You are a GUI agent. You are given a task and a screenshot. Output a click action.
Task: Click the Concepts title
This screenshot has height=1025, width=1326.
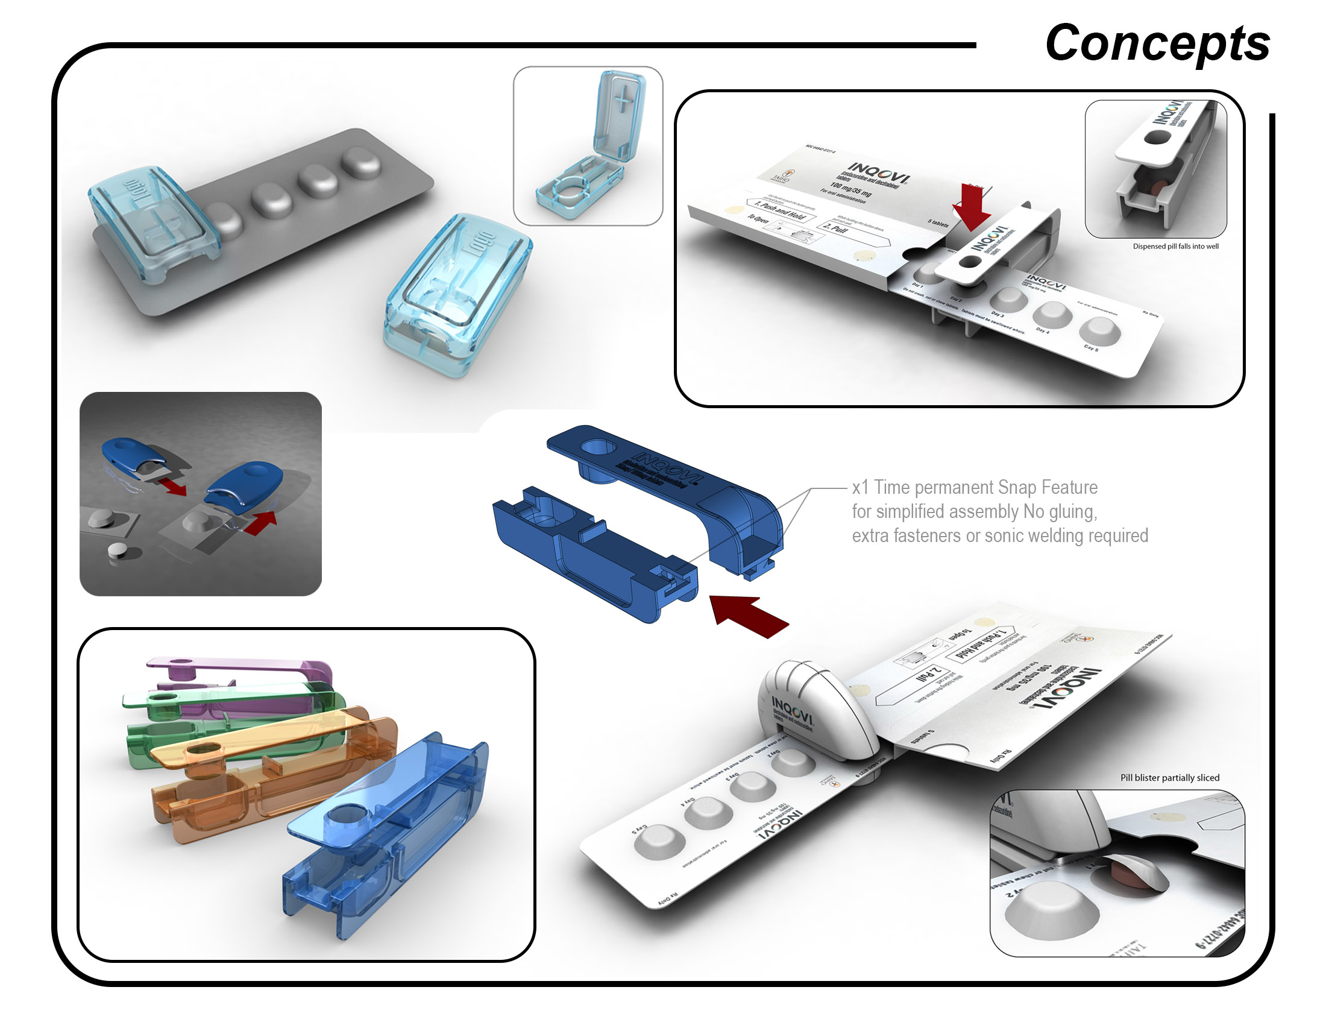[1157, 44]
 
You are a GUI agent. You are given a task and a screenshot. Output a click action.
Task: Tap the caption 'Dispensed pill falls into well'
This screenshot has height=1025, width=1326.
[1175, 246]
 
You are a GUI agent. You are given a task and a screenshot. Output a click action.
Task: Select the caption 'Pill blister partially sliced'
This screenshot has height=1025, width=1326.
[1169, 778]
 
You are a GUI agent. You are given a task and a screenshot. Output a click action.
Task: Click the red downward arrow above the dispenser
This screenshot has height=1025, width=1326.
[972, 207]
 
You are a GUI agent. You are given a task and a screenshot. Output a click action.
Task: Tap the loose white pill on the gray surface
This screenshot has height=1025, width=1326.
[116, 551]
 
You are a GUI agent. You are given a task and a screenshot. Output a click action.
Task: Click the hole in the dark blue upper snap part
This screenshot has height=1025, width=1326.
[597, 447]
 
